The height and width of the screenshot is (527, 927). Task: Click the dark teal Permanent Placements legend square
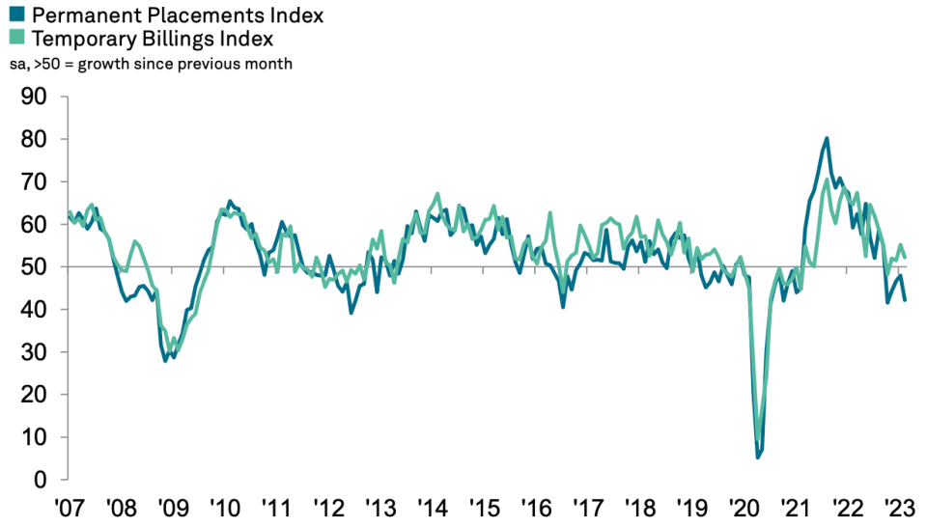16,14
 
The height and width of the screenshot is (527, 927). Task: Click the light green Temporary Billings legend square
16,38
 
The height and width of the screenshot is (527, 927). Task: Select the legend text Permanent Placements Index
178,14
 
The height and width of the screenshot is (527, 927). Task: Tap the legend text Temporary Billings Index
153,39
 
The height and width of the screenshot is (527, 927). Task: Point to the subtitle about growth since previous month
151,64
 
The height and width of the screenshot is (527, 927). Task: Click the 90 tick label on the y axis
34,97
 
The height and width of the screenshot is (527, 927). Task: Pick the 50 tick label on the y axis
34,266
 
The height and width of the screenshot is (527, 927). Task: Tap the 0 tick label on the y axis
41,479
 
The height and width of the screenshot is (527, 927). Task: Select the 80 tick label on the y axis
34,139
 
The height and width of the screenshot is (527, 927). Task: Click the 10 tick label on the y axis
34,436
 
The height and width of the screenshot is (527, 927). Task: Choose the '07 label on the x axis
70,508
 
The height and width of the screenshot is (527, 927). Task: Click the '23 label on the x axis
899,508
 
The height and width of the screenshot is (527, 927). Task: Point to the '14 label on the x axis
433,508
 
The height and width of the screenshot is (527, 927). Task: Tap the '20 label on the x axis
744,508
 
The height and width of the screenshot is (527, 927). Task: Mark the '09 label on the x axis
173,508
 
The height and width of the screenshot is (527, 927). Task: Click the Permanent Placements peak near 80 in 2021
827,139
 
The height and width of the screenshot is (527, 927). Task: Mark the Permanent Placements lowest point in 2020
758,457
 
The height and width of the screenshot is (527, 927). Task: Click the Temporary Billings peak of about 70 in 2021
826,180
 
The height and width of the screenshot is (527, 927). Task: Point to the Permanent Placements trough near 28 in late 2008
165,360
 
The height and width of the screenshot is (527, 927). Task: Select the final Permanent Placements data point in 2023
905,300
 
